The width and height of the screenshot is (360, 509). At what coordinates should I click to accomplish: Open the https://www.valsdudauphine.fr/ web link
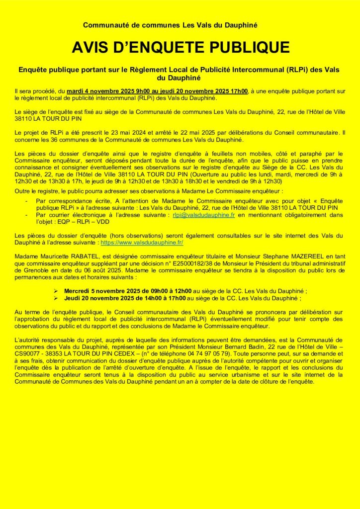[x=142, y=242]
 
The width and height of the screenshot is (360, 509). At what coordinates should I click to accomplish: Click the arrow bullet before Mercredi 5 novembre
[x=56, y=290]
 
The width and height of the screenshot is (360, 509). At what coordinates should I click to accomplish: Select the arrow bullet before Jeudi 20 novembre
[x=56, y=297]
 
